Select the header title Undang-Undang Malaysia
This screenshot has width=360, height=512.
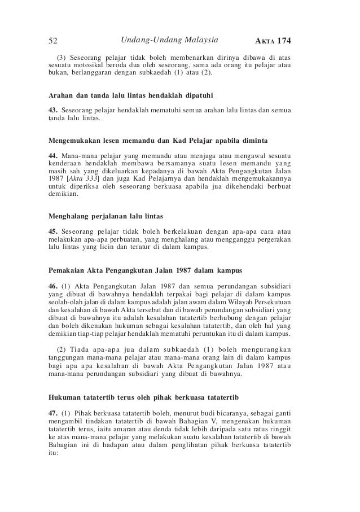(x=169, y=40)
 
